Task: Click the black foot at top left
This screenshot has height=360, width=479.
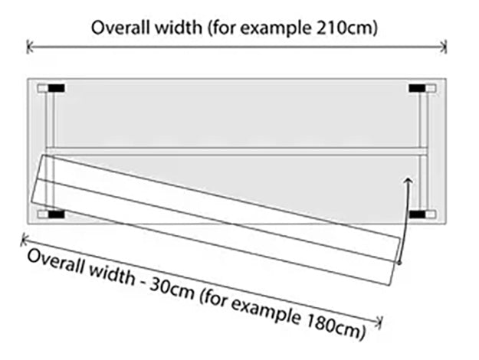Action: pyautogui.click(x=56, y=89)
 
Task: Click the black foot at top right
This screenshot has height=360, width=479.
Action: pyautogui.click(x=417, y=89)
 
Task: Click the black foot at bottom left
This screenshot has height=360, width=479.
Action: pyautogui.click(x=56, y=215)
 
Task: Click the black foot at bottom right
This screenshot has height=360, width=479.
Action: pyautogui.click(x=417, y=215)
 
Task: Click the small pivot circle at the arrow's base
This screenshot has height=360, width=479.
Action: pyautogui.click(x=400, y=263)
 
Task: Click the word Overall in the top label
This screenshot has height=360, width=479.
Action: pyautogui.click(x=119, y=28)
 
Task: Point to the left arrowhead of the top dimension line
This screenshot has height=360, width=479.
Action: pyautogui.click(x=30, y=47)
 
